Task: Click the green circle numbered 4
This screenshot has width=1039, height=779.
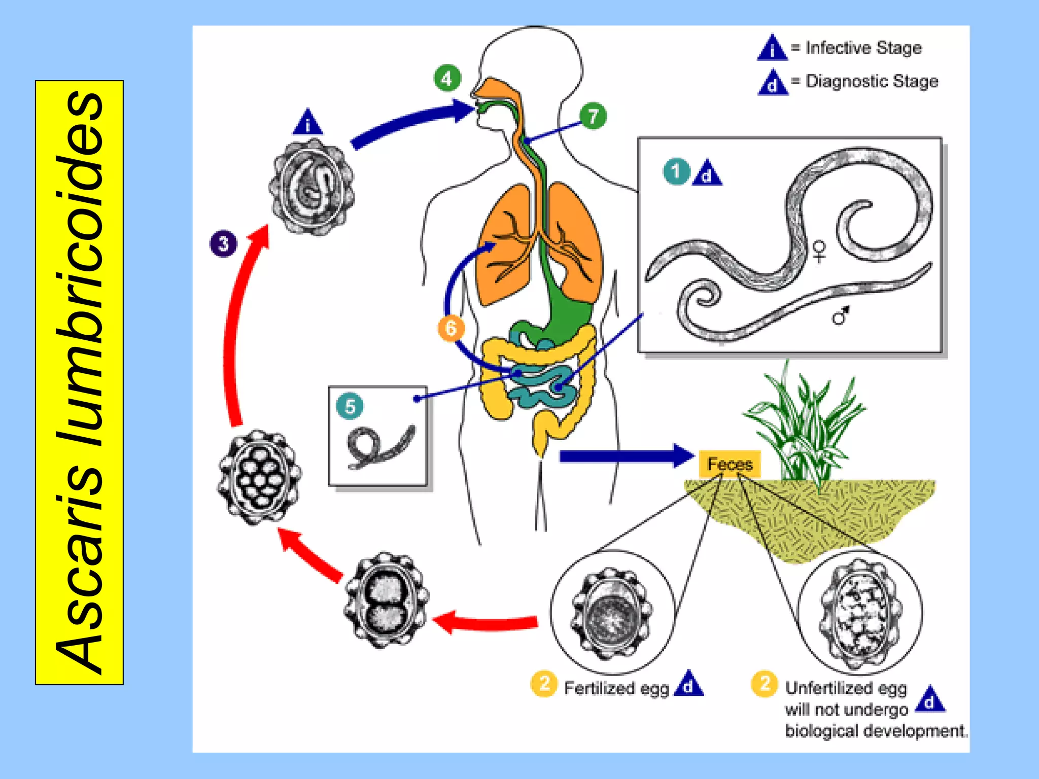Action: (447, 78)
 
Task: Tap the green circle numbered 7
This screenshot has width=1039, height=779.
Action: (593, 116)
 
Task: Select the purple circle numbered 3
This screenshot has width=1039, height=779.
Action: (223, 243)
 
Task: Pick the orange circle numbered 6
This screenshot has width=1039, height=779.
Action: (451, 328)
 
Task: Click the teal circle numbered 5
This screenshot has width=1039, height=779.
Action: (350, 406)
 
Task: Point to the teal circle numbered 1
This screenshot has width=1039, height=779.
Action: (676, 171)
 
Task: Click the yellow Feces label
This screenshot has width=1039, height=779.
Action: (730, 464)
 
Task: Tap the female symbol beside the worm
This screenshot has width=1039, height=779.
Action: (819, 251)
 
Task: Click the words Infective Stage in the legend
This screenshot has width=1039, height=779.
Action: (863, 48)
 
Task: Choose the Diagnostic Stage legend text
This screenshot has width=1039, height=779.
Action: (872, 81)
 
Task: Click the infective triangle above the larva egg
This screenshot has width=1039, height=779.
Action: (307, 122)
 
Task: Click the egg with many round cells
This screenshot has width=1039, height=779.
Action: (259, 477)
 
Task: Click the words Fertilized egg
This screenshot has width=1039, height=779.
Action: (616, 688)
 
